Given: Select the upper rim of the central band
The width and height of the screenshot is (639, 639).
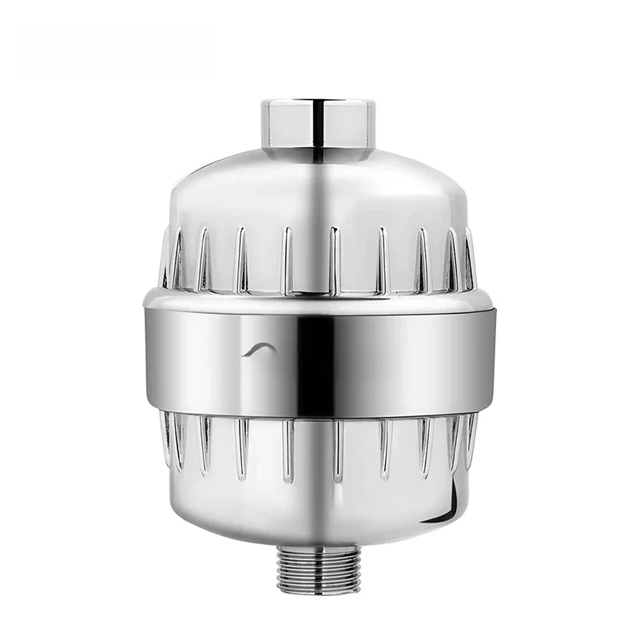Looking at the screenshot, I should (x=319, y=292).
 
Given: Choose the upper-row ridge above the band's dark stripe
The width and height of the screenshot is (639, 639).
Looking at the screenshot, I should (x=335, y=256).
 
